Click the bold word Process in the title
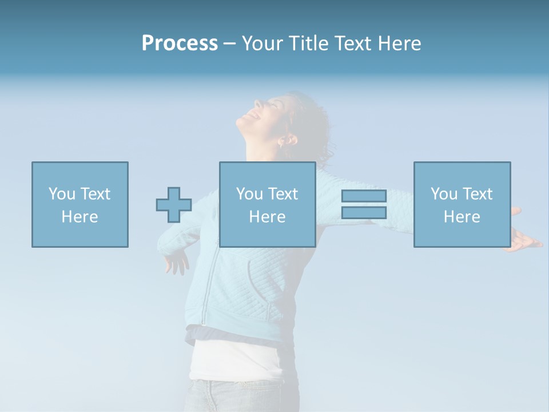coord(180,43)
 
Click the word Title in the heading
coord(307,43)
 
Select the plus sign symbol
coord(174,205)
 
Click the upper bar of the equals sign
coord(364,196)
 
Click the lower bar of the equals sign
coord(364,213)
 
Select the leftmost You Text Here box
coord(80,204)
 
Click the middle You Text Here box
coord(267,204)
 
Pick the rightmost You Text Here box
coord(462,204)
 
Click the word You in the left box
coord(62,194)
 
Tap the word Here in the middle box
coord(267,217)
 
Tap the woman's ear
coord(289,139)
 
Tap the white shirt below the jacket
coord(234,360)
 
